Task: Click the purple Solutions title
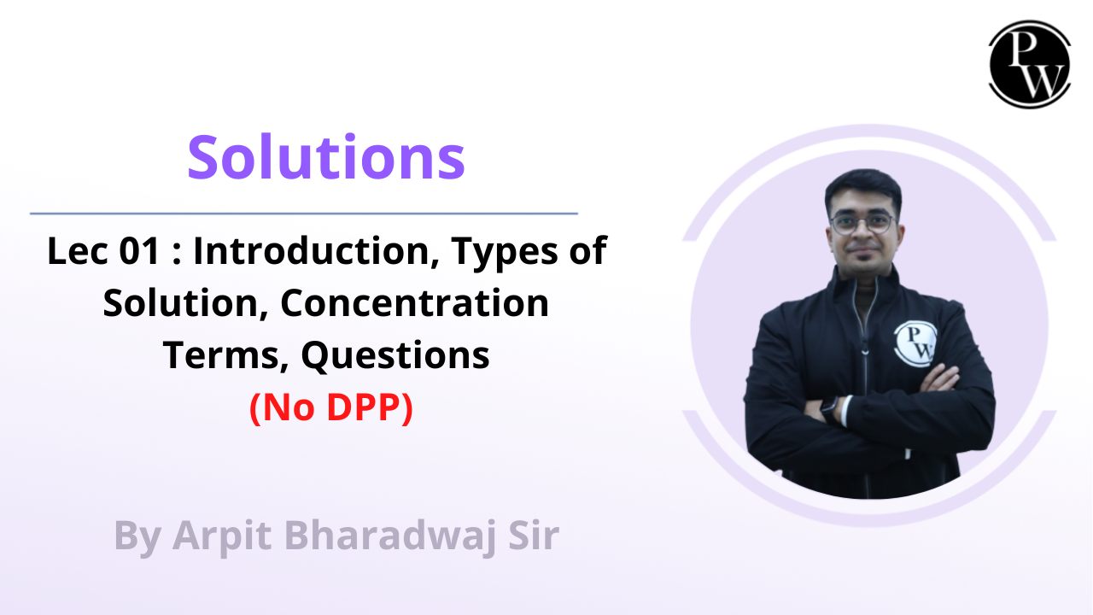tap(326, 158)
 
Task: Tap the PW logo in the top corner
tap(1029, 65)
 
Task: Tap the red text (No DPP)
tap(331, 409)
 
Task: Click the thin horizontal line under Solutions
tap(303, 213)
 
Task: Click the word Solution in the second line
tap(182, 303)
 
